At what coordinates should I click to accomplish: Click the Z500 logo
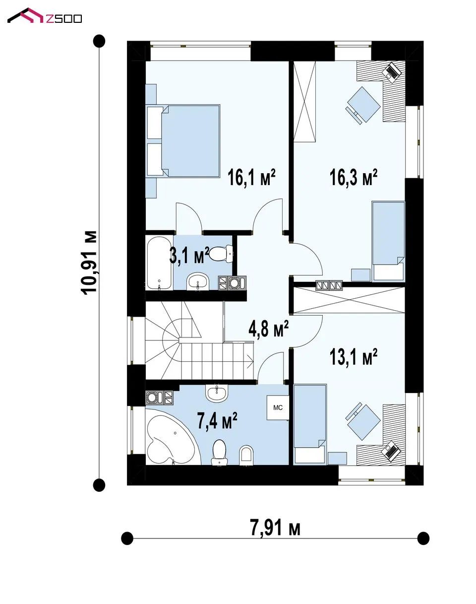pos(44,16)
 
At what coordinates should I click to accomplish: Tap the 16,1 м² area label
pos(251,177)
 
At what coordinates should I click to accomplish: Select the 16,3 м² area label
pos(353,177)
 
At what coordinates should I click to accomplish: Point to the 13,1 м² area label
pos(353,357)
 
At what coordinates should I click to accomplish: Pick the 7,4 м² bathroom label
pos(217,420)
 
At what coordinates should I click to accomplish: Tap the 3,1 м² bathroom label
pos(189,255)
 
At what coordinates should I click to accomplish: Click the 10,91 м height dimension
pos(89,263)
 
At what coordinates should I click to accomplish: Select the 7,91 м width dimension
pos(275,528)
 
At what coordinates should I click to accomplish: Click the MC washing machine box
pos(278,407)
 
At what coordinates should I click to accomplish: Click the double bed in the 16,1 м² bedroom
pos(183,141)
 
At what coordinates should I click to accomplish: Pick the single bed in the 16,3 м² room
pos(388,241)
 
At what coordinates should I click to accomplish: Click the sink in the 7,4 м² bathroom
pos(217,393)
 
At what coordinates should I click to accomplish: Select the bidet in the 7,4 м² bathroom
pos(247,454)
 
